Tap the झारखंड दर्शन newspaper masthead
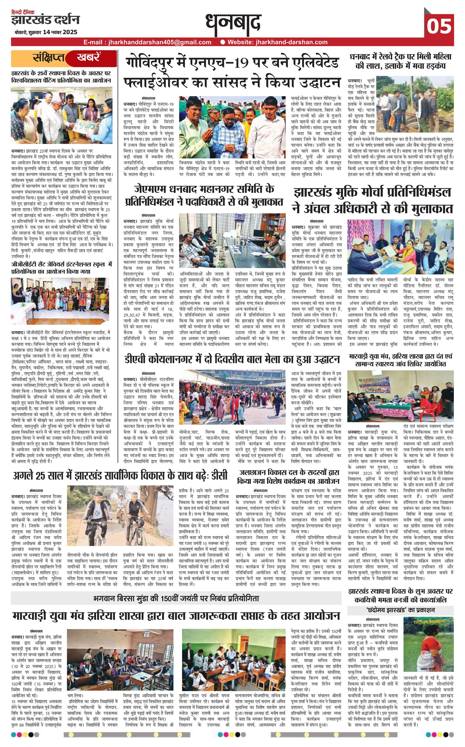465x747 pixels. pyautogui.click(x=45, y=20)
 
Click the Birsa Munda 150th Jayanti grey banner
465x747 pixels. pyautogui.click(x=176, y=599)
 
